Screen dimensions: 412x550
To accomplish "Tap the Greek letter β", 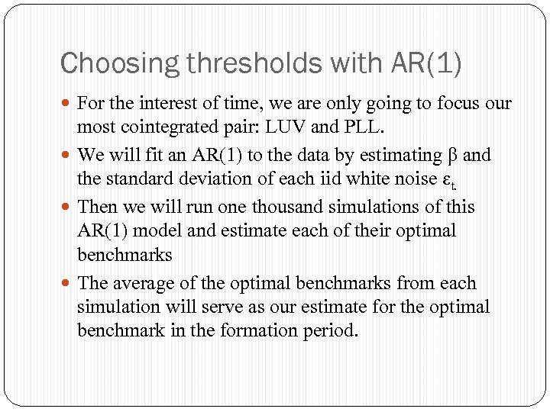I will pos(456,156).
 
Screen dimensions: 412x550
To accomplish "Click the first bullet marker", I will pos(67,103).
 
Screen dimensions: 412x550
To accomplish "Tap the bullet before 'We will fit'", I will pos(67,156).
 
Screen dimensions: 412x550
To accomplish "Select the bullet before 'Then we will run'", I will pos(67,207).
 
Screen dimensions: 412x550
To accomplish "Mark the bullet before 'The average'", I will pos(67,283).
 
